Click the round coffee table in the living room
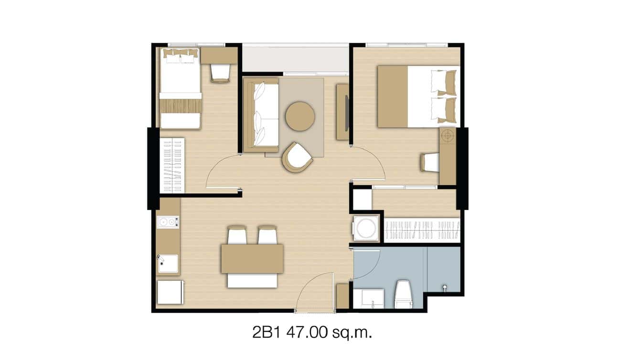click(300, 116)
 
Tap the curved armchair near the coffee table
click(297, 157)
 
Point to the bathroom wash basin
click(368, 298)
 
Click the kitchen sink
click(168, 263)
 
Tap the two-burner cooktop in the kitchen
click(168, 222)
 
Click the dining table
click(252, 259)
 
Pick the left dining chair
click(237, 235)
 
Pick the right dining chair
click(267, 235)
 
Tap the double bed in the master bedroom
click(418, 96)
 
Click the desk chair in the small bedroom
click(220, 73)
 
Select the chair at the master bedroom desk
click(430, 162)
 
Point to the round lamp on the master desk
click(447, 136)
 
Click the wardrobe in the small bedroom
click(171, 165)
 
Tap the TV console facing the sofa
click(342, 112)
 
